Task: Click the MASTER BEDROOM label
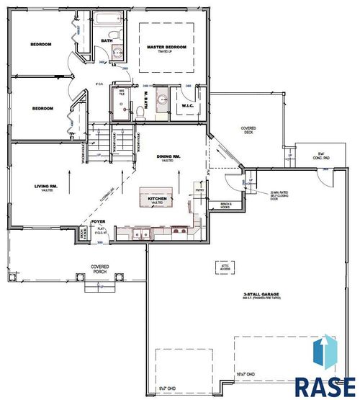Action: [x=166, y=47]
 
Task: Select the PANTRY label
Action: [x=200, y=190]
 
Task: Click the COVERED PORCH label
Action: [x=99, y=269]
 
